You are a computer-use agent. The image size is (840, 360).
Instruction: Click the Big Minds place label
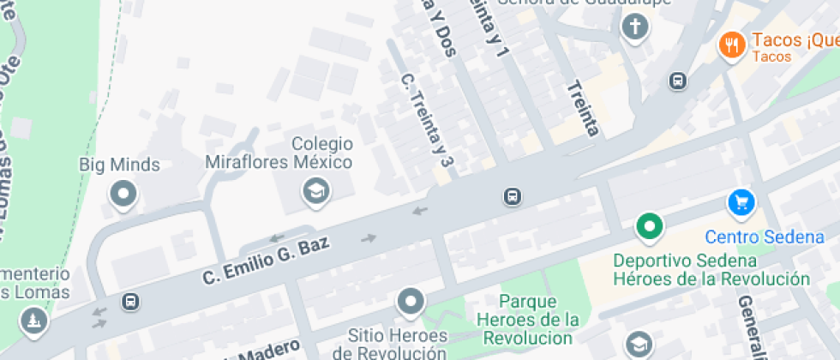point(119,164)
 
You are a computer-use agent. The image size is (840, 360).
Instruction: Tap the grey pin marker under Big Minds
point(123,194)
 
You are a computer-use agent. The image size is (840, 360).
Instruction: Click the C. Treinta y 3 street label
point(426,119)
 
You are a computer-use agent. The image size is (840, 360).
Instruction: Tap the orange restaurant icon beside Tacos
point(731,45)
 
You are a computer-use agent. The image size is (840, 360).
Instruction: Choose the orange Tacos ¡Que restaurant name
point(794,40)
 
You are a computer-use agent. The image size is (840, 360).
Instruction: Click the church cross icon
point(634,27)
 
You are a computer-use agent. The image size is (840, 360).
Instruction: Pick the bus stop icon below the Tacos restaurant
point(677,81)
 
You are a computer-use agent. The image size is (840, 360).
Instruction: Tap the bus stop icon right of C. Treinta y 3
point(513,197)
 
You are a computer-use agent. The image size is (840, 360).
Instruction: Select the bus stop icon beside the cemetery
point(130,302)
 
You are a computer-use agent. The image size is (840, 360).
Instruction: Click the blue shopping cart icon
point(741,203)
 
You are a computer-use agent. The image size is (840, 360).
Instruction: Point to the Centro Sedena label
point(765,237)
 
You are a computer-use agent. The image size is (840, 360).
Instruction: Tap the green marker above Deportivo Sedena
point(649,227)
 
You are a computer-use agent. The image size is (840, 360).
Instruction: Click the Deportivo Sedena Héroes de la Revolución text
point(711,269)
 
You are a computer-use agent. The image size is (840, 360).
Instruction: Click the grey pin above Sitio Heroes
point(411,301)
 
